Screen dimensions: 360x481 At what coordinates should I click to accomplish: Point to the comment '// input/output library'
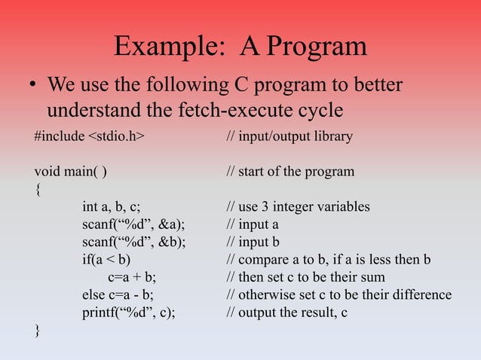click(289, 137)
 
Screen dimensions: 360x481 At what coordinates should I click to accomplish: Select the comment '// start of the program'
click(290, 172)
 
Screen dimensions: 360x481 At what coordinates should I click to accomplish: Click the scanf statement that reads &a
click(133, 224)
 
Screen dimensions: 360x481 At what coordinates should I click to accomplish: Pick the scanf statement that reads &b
click(133, 242)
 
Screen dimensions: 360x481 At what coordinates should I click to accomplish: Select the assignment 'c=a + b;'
click(132, 277)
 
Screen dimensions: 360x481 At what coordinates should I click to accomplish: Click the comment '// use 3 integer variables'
click(298, 207)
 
